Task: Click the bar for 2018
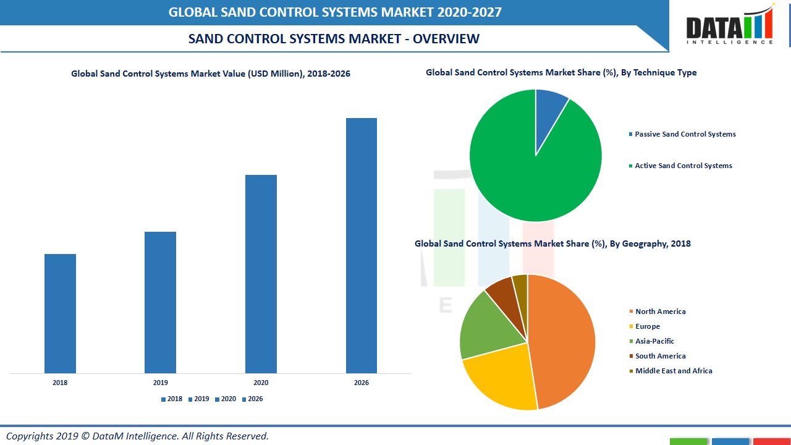tap(60, 313)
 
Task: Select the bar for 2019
tap(160, 302)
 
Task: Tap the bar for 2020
tap(261, 274)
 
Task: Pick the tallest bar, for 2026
tap(362, 245)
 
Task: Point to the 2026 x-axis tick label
tap(362, 383)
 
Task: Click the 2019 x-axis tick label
tap(160, 383)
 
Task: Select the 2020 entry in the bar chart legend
tap(226, 399)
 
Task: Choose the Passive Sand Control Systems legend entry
tap(685, 134)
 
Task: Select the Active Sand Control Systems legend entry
tap(683, 166)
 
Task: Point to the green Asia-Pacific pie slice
tap(488, 324)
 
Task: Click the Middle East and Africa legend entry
tap(673, 371)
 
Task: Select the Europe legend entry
tap(647, 326)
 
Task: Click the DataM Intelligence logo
tap(729, 26)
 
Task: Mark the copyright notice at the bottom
tap(137, 436)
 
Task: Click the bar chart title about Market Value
tap(211, 74)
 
